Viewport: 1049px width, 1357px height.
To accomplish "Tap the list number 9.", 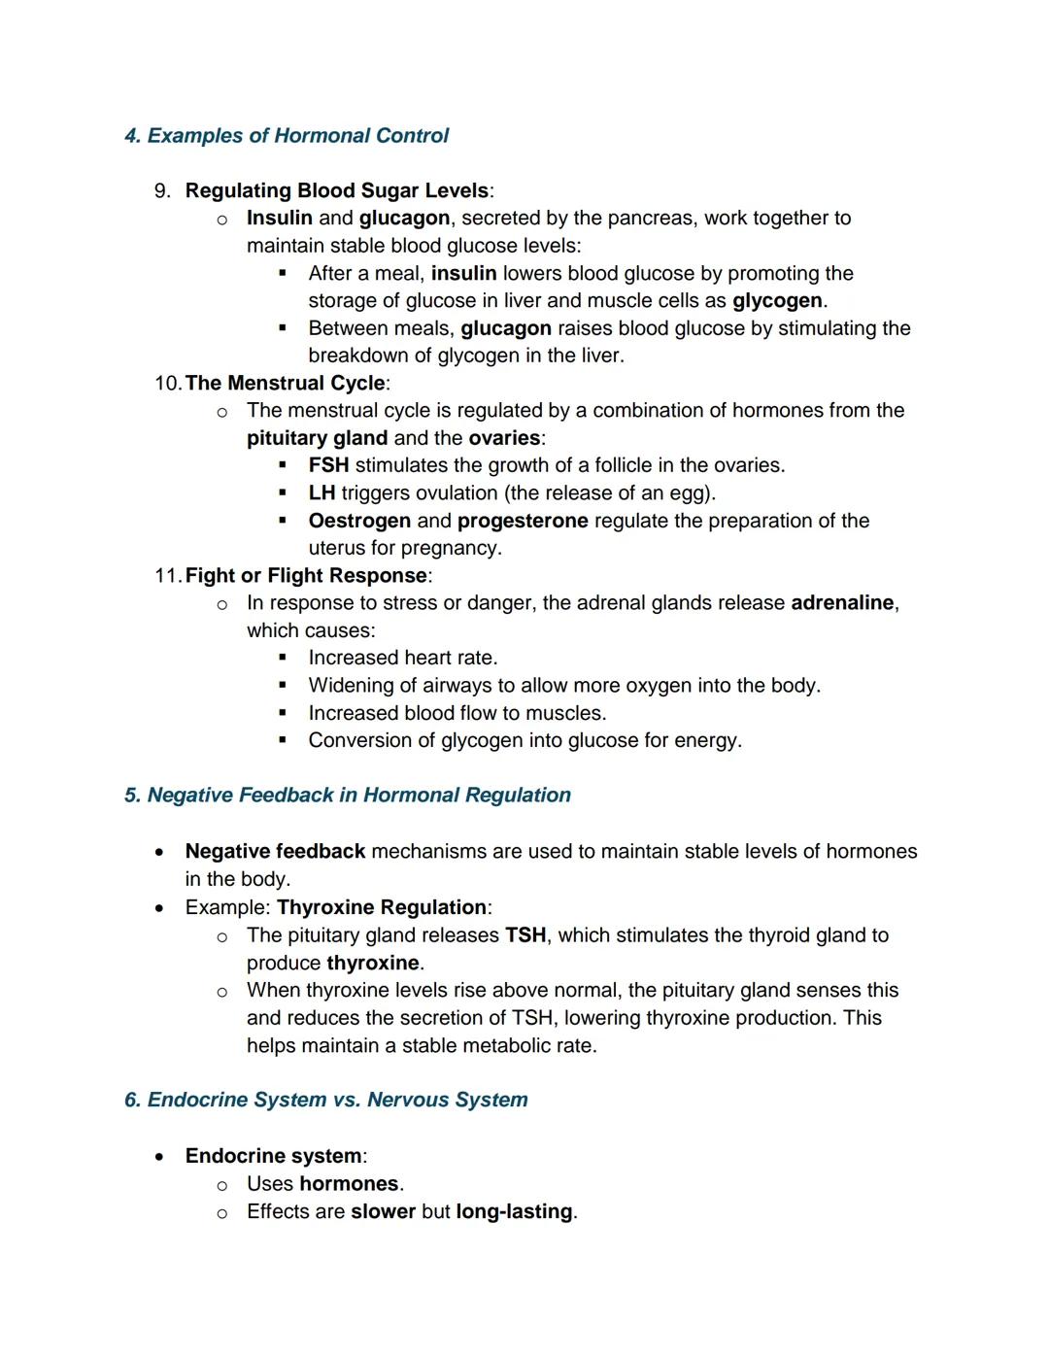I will pyautogui.click(x=162, y=191).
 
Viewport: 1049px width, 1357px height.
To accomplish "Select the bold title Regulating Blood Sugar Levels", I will pyautogui.click(x=336, y=191).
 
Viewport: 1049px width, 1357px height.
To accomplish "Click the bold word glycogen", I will pyautogui.click(x=776, y=301).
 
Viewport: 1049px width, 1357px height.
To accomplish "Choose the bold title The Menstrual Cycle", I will pyautogui.click(x=285, y=384).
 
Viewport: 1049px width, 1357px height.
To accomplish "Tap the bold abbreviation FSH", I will pyautogui.click(x=328, y=466).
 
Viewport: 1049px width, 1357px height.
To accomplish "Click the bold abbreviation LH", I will pyautogui.click(x=321, y=493).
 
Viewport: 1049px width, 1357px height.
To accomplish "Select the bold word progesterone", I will pyautogui.click(x=523, y=522).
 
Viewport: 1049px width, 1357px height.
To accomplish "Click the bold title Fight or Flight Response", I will pyautogui.click(x=306, y=576).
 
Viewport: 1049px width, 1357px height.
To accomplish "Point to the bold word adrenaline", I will pyautogui.click(x=842, y=603).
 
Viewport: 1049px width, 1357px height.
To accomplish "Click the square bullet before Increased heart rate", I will pyautogui.click(x=283, y=659).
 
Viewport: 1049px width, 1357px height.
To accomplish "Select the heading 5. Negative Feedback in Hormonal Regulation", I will pyautogui.click(x=348, y=796).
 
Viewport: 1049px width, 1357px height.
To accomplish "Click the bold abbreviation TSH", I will pyautogui.click(x=525, y=935).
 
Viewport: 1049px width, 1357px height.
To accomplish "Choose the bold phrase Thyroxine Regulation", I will pyautogui.click(x=382, y=908).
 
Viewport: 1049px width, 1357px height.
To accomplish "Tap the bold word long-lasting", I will pyautogui.click(x=514, y=1212).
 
